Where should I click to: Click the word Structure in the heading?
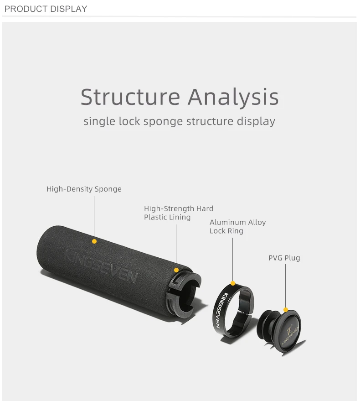130,97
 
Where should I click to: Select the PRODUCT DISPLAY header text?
46,9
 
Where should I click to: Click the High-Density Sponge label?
84,189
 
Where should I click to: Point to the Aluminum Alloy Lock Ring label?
237,226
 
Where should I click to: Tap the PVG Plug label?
284,258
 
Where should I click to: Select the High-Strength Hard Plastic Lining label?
179,213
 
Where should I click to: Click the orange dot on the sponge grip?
94,241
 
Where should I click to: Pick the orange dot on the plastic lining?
176,270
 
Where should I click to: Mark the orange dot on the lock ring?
233,283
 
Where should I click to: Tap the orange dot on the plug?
286,310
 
